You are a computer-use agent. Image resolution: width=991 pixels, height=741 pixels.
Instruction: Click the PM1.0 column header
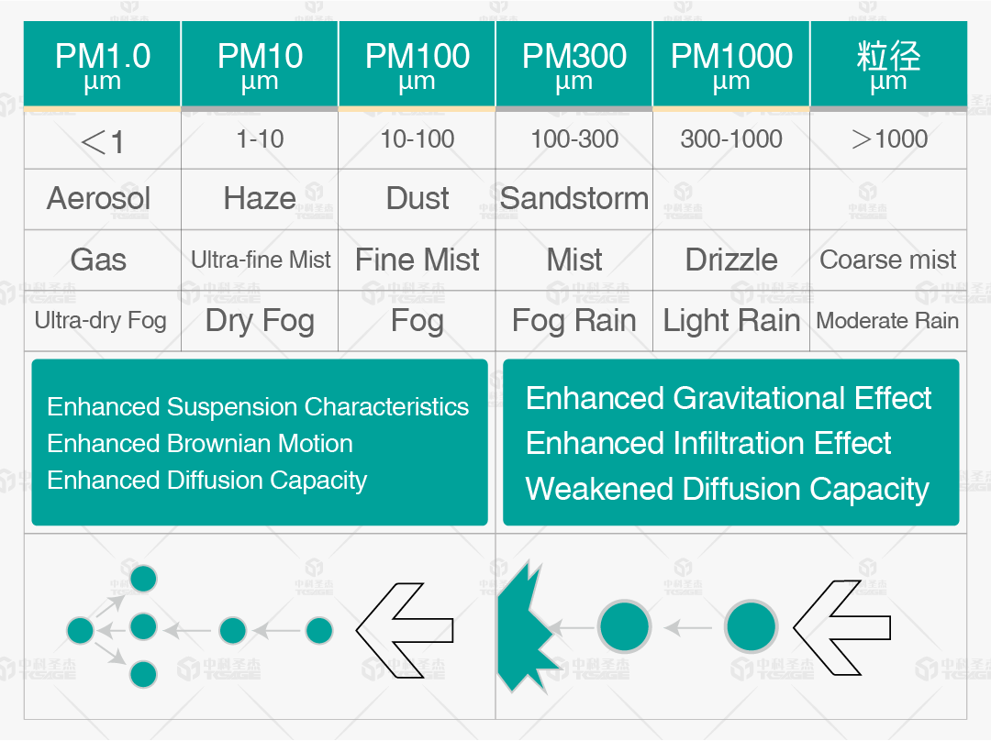point(103,64)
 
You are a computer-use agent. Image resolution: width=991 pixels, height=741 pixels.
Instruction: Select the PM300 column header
point(573,64)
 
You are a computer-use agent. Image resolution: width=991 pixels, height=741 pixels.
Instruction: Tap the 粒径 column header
point(888,64)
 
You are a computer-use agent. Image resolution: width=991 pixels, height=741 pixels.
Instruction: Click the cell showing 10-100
point(418,139)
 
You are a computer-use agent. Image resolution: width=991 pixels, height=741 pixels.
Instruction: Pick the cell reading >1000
point(888,139)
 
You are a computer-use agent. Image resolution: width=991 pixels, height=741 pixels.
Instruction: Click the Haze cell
point(260,199)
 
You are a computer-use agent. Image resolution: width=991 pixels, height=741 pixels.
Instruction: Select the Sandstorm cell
point(573,199)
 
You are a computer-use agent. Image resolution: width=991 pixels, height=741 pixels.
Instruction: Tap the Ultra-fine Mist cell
point(261,260)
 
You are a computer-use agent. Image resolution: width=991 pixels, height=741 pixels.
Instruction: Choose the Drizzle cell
point(731,260)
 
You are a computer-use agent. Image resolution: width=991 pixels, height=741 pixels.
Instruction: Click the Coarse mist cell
point(888,260)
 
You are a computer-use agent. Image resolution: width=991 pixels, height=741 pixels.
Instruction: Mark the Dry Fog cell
point(260,321)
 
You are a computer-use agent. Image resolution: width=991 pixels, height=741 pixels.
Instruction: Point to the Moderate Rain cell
point(888,321)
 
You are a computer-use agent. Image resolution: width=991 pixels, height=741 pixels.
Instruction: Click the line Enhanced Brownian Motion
point(200,444)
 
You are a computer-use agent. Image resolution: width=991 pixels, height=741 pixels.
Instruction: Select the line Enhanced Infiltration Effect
point(708,443)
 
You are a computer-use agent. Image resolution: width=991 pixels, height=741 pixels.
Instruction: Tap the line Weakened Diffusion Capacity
point(728,489)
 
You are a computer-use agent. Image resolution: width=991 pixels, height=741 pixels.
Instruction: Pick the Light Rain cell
point(731,321)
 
